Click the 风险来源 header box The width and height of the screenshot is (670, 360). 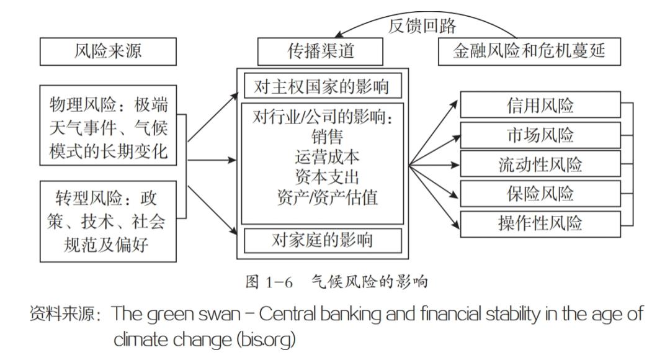[104, 52]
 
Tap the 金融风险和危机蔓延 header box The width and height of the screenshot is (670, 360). [529, 52]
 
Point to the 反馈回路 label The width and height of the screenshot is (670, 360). [422, 26]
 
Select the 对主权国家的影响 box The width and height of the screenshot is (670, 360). [321, 87]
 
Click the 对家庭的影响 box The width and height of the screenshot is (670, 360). [321, 240]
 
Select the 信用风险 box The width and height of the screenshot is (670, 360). [540, 106]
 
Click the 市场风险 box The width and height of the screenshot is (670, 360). [540, 135]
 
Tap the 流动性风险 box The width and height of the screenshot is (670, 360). [540, 164]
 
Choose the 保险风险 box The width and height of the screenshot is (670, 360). [540, 194]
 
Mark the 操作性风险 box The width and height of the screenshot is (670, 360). [540, 223]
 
